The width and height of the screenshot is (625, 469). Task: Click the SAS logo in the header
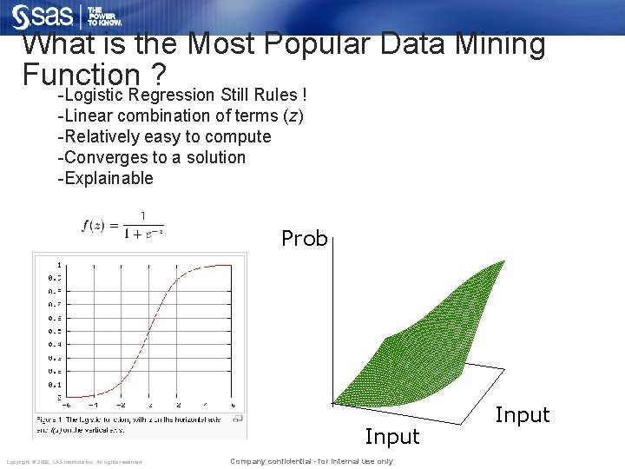point(43,17)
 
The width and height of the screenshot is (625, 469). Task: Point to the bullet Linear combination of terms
point(180,116)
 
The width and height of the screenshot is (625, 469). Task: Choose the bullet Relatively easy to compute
point(164,136)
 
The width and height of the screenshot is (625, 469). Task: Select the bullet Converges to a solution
point(151,157)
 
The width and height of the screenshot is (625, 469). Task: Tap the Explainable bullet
point(105,178)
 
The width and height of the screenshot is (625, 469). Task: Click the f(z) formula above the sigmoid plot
point(122,225)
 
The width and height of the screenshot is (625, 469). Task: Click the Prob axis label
point(304,238)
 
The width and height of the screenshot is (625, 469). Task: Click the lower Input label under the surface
point(391,436)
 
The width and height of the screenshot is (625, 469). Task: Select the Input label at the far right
point(522,415)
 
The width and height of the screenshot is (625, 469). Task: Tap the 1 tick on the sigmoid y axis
point(59,265)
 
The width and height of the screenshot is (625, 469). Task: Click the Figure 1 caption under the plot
point(140,424)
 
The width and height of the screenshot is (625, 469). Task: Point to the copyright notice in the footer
point(74,461)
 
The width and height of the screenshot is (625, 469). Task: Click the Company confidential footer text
point(311,461)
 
